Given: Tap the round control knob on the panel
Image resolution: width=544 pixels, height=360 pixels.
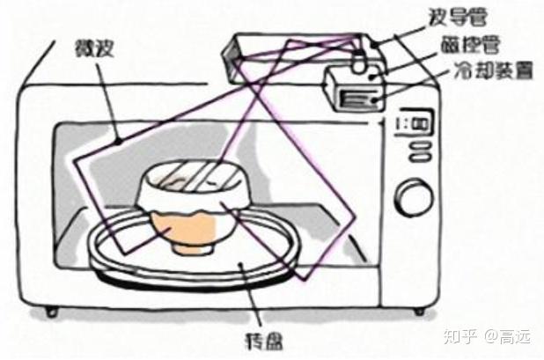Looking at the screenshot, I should [411, 196].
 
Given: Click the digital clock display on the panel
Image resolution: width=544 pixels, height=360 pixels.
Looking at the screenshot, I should [412, 123].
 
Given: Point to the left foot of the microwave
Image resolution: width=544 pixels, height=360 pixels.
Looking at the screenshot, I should [51, 311].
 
